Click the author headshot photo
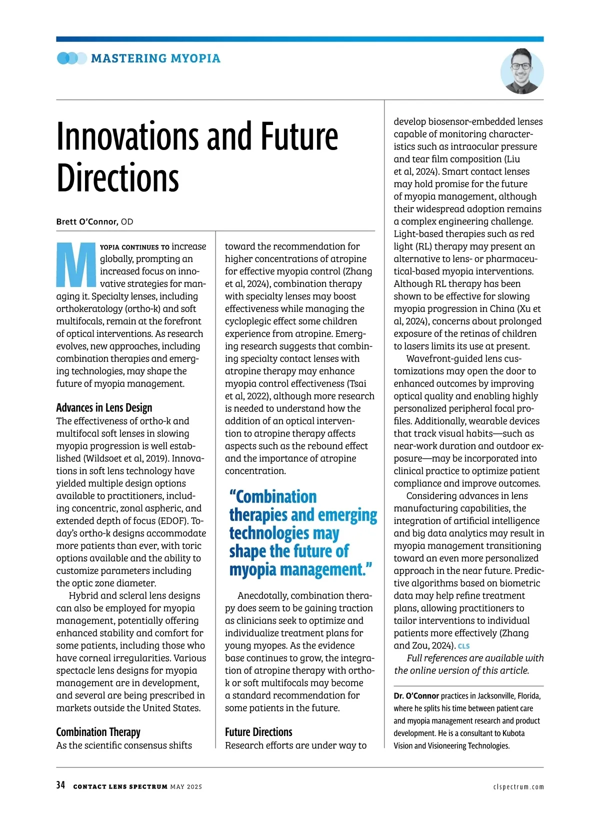(521, 71)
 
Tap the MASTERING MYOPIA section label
(155, 58)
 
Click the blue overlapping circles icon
(71, 58)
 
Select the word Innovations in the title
(129, 136)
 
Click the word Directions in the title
(117, 178)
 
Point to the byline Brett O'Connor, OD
(94, 221)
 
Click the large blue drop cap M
(76, 264)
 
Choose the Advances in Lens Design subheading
(104, 407)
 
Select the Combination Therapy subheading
(98, 732)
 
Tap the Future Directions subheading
(258, 732)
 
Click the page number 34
(60, 785)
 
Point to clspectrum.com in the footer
(518, 786)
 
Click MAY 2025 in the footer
(186, 786)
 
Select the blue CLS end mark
(463, 646)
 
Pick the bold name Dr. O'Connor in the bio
(416, 696)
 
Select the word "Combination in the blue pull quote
(273, 497)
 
